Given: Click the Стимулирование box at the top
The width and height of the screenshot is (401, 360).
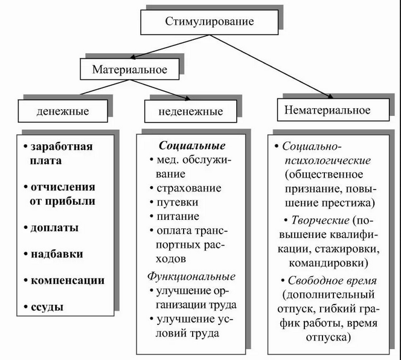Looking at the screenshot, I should coord(210,22).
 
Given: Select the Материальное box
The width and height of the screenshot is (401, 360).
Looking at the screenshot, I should coord(129,69).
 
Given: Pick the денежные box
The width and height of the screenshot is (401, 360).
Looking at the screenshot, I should coord(63,111).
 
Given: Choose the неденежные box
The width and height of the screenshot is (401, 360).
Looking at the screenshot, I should coord(191,111).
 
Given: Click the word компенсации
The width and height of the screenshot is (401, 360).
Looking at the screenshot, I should coord(67,280).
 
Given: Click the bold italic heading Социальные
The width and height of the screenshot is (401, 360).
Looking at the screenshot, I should coord(192,146).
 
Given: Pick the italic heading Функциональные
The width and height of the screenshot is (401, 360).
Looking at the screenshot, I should coord(191,277).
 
